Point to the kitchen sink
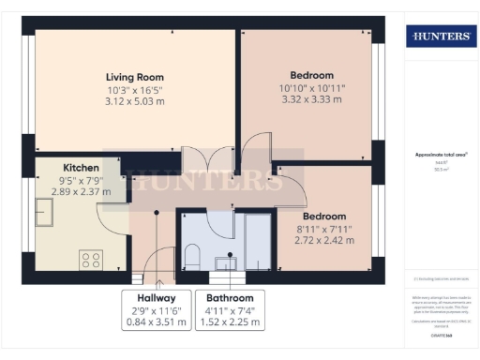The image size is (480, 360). (48, 206)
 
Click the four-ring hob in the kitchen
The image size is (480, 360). (92, 257)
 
